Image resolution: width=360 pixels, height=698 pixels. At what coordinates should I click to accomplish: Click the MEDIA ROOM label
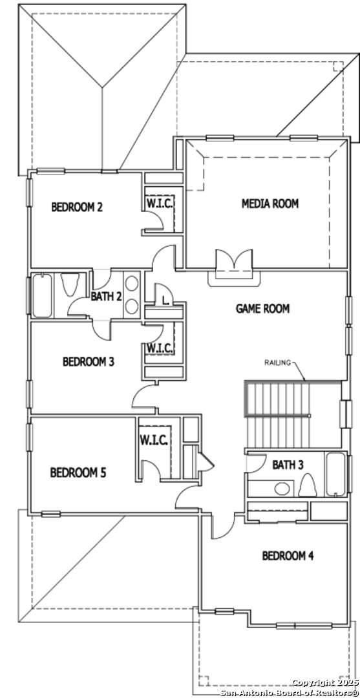pos(270,204)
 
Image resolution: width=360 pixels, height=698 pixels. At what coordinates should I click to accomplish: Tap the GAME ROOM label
pos(262,308)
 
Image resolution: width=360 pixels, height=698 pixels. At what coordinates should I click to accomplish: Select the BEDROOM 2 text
pos(78,207)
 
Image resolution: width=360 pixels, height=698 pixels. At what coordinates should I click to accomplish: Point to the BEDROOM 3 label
pos(88,361)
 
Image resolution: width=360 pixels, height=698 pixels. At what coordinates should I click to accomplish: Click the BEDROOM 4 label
pos(288,556)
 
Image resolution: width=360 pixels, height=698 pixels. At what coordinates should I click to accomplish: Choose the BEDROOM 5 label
pos(78,472)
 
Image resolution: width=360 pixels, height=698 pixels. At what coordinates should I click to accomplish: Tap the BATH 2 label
pos(106,296)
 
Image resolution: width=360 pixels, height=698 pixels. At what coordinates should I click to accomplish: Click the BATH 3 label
pos(288,465)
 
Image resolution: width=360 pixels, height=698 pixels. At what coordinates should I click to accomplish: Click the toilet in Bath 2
pos(70,284)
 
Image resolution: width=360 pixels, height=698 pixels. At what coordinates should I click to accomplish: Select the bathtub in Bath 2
pos(42,295)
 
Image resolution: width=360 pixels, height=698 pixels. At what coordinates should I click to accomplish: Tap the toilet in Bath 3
pos(307,485)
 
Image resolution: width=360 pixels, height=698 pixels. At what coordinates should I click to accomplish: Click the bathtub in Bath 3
pos(335,475)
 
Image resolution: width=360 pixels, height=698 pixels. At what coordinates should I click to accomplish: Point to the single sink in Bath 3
pos(282,489)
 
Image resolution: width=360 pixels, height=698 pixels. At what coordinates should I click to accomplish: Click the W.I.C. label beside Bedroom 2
pos(160,203)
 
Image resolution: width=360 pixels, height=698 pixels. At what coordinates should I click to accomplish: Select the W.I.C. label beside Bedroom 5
pos(154,441)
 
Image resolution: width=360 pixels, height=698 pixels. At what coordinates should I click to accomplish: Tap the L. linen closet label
pos(165,301)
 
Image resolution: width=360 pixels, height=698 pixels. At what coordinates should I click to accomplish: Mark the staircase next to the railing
pos(277,414)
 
